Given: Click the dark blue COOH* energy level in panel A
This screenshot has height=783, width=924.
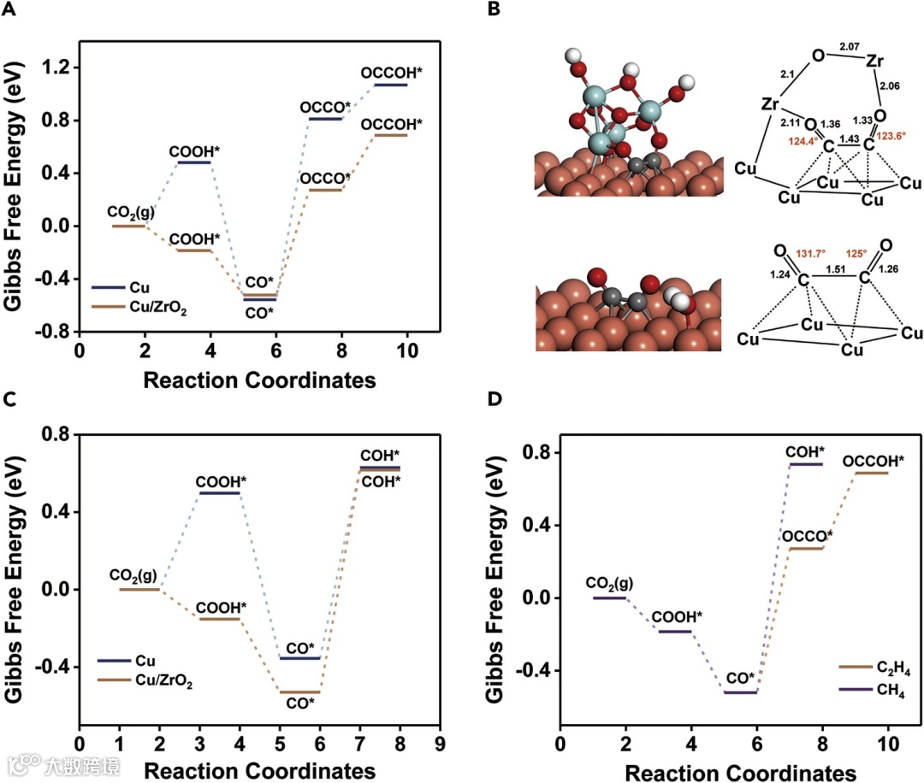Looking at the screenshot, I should pyautogui.click(x=193, y=162).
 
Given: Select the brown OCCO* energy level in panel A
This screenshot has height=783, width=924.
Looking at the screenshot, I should pyautogui.click(x=324, y=190).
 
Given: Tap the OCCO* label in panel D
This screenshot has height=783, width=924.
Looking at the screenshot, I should pyautogui.click(x=807, y=536).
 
